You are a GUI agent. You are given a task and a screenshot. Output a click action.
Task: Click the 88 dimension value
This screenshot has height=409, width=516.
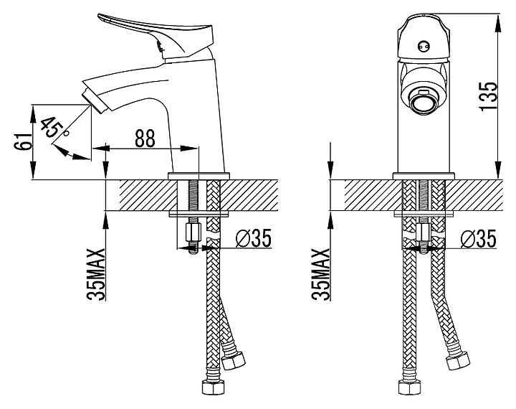coord(145,138)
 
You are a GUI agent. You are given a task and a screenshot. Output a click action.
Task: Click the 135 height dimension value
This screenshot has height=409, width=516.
coord(489,96)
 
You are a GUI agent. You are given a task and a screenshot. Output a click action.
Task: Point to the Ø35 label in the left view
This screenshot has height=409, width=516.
coord(254,238)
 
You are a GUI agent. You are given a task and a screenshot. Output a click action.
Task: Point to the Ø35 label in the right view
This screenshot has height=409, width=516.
coord(478,238)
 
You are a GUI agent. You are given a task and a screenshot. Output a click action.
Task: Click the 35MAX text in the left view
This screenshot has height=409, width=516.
coord(96,274)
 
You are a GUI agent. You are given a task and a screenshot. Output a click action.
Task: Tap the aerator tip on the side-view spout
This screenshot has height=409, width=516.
coord(95,101)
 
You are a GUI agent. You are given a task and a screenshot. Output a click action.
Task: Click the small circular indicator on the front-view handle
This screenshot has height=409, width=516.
coord(424,47)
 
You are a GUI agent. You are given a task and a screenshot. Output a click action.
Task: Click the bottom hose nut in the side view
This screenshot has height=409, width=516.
coord(213,387)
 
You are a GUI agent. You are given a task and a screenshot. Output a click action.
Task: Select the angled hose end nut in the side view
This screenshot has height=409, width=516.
coord(234,360)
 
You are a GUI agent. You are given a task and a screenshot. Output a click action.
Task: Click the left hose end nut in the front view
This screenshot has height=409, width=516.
coord(410,387)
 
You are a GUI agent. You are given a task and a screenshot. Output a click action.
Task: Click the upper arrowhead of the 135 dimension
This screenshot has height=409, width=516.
coord(498,24)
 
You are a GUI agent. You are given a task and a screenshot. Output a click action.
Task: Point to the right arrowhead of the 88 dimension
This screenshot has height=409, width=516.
coord(189,149)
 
